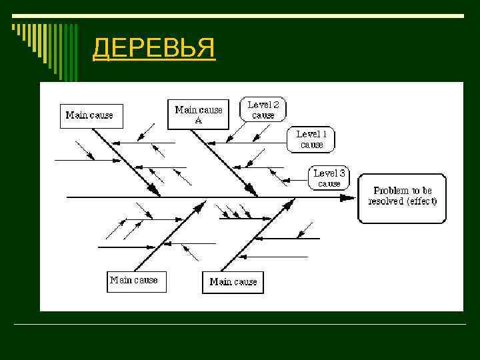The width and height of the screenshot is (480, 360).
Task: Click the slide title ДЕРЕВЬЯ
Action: (153, 48)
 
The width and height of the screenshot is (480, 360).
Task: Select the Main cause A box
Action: (198, 114)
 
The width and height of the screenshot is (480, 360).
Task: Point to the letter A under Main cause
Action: (198, 121)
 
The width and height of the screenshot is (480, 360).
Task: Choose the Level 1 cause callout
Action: (311, 139)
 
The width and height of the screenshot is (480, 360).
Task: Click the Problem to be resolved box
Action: (402, 197)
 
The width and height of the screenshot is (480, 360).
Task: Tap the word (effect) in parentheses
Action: (421, 201)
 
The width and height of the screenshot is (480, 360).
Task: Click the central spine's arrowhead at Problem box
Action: (349, 197)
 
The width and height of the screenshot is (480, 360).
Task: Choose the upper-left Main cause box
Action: (89, 115)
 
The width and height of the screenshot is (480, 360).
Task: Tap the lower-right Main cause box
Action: (233, 281)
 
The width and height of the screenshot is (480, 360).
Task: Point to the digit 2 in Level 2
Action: (276, 105)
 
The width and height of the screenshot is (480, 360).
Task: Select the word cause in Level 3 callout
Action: (329, 183)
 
